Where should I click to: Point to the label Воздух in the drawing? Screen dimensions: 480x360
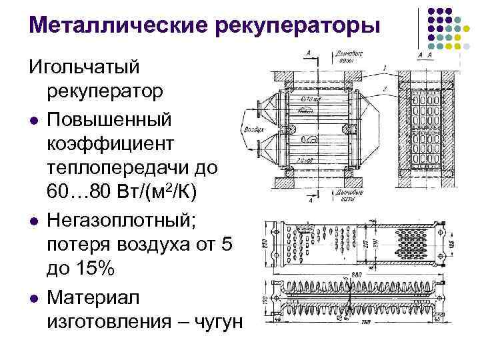[x=254, y=131]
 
